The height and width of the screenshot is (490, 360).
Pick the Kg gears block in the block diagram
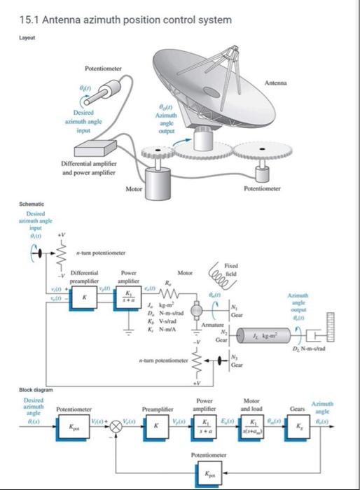click(x=298, y=426)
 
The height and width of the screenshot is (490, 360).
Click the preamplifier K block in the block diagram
click(x=155, y=426)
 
